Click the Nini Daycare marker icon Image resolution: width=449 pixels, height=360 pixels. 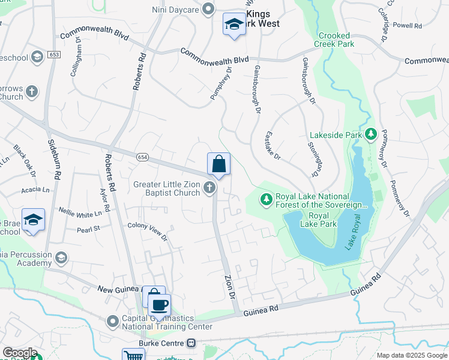point(208,8)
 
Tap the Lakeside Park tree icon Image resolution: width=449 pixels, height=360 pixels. point(371,135)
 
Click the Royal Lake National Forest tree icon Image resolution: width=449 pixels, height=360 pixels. point(265,199)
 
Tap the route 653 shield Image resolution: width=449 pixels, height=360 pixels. point(55,55)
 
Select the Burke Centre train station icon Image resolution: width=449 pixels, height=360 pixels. point(191,343)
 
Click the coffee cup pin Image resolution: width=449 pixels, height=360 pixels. point(159,305)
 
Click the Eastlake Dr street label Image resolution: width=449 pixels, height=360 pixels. point(273,146)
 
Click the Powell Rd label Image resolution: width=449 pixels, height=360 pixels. point(409,26)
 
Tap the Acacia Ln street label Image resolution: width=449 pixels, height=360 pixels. point(34,190)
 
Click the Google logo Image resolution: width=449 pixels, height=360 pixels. point(20,352)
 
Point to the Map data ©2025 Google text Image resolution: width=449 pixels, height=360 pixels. point(411,355)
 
